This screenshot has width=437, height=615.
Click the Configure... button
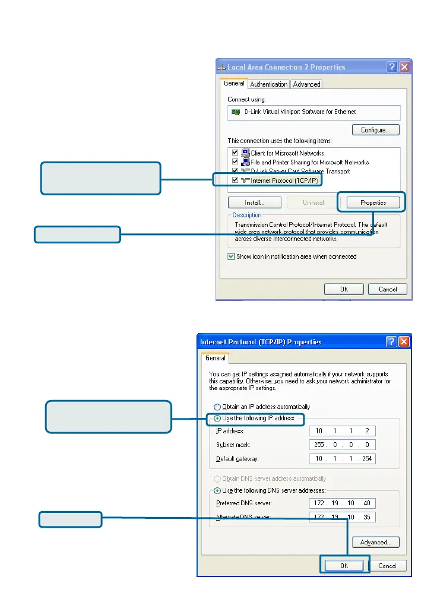tap(375, 129)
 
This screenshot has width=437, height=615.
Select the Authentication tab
tap(268, 84)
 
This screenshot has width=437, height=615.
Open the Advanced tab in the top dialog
tap(306, 84)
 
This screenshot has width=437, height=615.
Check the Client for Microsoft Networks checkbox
tap(235, 153)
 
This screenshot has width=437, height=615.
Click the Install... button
tap(254, 202)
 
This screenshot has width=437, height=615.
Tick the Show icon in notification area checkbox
tap(232, 256)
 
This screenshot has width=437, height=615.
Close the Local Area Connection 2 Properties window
tap(404, 67)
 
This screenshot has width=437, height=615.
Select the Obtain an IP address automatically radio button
tap(217, 407)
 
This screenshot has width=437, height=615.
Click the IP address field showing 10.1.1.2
tap(343, 431)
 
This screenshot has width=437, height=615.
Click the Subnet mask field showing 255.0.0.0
tap(343, 445)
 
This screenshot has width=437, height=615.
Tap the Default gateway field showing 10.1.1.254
tap(343, 459)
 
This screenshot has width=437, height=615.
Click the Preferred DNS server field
tap(343, 503)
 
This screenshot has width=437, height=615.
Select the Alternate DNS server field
tap(343, 517)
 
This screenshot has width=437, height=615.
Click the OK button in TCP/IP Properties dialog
tap(344, 565)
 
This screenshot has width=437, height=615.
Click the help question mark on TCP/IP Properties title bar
tap(392, 342)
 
